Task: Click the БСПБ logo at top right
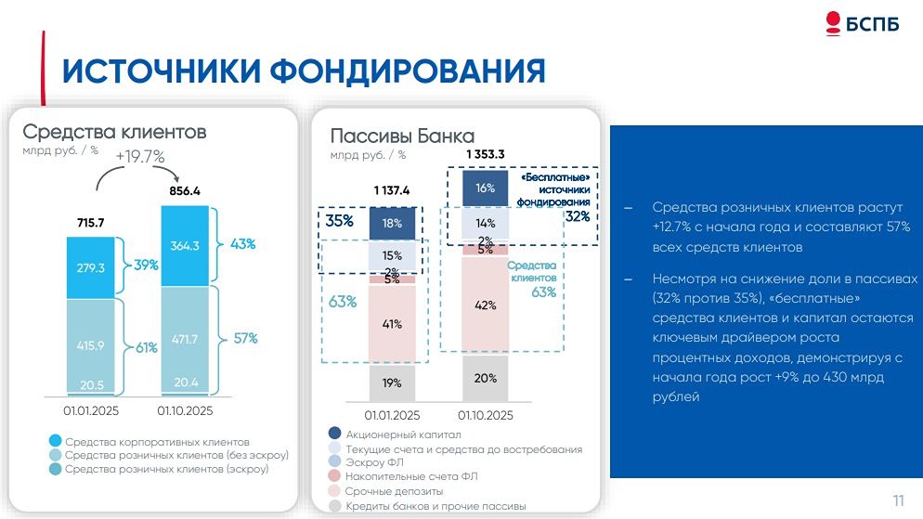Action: point(862,24)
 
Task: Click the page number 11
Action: point(898,500)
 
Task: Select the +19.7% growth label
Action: point(140,156)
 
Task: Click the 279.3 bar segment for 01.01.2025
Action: point(90,267)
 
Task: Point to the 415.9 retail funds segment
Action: point(90,344)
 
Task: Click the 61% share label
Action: point(146,348)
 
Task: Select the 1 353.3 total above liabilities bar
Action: point(486,154)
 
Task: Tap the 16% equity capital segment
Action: point(486,188)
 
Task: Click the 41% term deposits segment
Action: point(392,324)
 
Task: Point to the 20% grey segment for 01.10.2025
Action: point(486,378)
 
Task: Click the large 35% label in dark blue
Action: point(340,221)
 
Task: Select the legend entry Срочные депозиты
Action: point(394,490)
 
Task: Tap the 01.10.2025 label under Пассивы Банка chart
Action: point(485,415)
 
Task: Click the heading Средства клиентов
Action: point(114,132)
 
